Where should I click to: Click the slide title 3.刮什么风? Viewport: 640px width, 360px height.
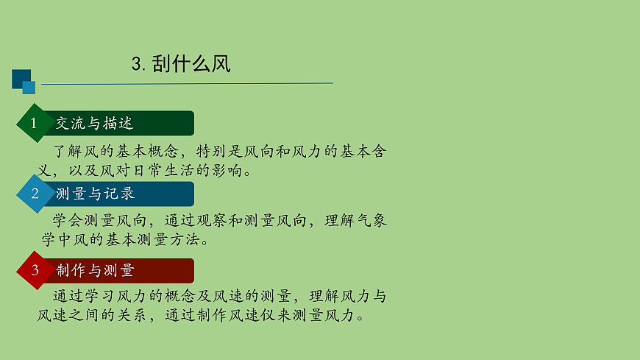[x=181, y=64]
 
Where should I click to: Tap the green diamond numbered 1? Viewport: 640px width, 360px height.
[x=33, y=124]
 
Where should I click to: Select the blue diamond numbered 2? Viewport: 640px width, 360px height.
[x=34, y=194]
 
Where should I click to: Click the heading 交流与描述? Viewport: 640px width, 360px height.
[x=94, y=124]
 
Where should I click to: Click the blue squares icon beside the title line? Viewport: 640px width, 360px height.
[x=24, y=82]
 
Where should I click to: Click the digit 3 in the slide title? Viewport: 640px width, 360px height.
[x=136, y=65]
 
